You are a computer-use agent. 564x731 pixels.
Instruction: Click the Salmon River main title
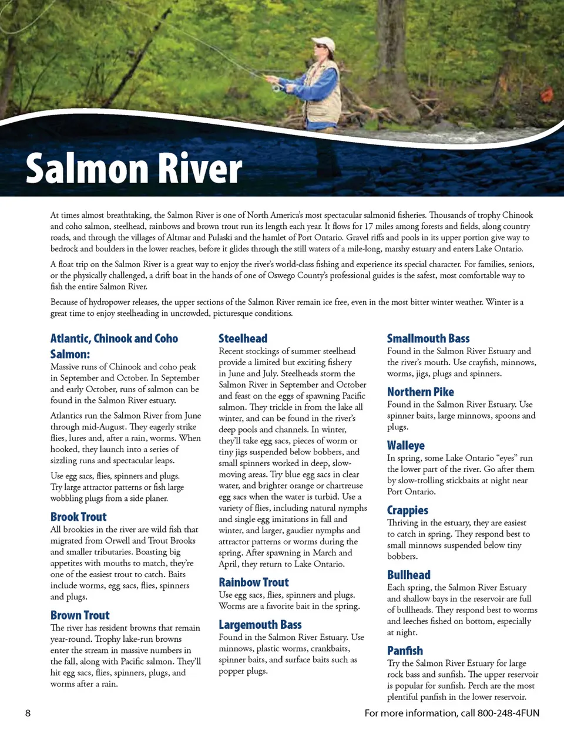tap(134, 169)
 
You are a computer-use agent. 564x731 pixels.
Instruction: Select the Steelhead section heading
tap(243, 338)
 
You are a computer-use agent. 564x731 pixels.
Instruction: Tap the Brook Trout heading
tap(78, 517)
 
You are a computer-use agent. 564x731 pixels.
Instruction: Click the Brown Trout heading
tap(80, 615)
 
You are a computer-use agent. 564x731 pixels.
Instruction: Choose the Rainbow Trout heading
tap(253, 582)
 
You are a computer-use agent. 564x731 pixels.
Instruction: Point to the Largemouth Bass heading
tap(260, 625)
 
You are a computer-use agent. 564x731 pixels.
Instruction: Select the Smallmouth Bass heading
tap(428, 338)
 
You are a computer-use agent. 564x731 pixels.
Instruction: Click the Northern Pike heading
tap(420, 392)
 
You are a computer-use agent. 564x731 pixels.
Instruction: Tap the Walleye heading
tap(405, 446)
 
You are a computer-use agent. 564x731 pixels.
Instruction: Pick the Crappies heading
tap(407, 510)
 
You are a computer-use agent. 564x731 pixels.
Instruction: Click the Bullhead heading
tap(408, 575)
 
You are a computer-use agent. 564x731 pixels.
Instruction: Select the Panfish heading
tap(405, 651)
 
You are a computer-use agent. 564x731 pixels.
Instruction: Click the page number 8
tap(28, 713)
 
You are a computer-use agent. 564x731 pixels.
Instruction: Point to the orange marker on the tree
tap(547, 94)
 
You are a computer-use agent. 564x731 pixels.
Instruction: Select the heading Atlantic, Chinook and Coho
tap(114, 338)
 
